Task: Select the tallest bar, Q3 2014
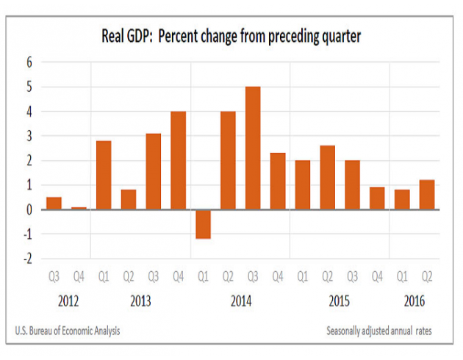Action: (x=252, y=148)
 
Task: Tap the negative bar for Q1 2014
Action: (x=202, y=224)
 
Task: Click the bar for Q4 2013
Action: (x=178, y=160)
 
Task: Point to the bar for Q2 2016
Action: (x=427, y=195)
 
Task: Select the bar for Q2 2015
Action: (x=327, y=177)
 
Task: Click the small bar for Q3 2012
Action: (x=54, y=204)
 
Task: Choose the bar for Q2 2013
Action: (x=129, y=200)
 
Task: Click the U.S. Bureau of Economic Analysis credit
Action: (x=68, y=331)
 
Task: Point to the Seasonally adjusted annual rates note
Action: (x=379, y=331)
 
